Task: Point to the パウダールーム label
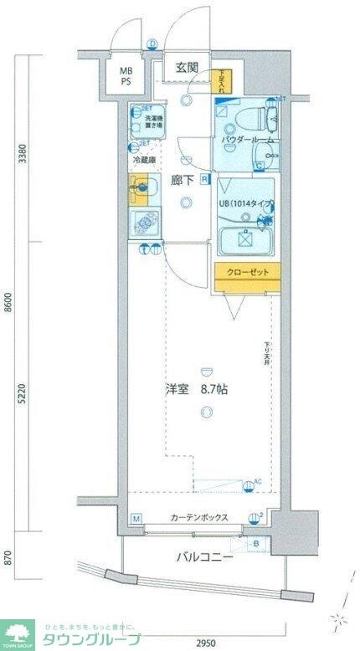(x=249, y=140)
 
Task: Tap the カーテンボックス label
(x=195, y=518)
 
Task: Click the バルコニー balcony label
(x=203, y=556)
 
